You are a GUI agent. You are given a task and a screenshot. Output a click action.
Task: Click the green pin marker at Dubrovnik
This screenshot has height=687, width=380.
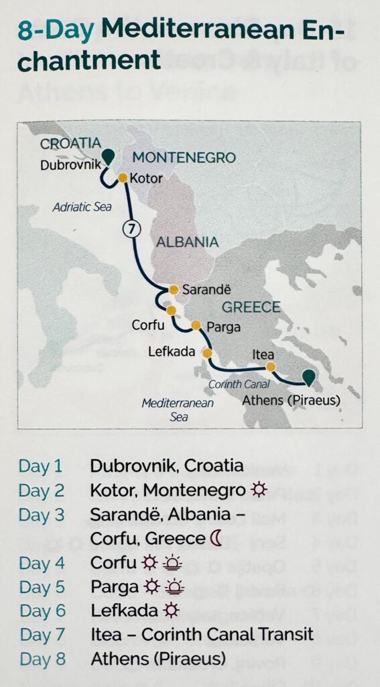coord(107,156)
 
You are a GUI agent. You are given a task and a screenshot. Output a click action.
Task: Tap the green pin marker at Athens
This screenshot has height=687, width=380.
coord(308,377)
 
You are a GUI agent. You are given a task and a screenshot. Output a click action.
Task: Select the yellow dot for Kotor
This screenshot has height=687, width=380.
coord(123,178)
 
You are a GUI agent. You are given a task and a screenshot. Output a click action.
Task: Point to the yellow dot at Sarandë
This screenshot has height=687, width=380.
coord(174,290)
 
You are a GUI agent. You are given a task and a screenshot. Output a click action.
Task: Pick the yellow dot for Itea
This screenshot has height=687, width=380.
coord(270,366)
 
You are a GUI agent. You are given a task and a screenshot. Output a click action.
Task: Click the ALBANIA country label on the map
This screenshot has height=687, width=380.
coord(187,242)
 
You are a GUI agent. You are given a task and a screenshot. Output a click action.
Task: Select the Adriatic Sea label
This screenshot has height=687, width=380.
coord(82,207)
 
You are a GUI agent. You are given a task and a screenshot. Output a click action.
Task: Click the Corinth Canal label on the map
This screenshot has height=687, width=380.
coord(239,384)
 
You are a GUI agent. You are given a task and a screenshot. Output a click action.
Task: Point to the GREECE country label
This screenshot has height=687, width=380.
coord(251,307)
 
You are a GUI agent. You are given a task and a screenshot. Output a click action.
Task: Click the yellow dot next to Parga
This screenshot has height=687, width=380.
coord(196,325)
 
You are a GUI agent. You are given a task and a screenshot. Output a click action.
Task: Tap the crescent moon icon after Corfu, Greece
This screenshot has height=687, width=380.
coord(216,538)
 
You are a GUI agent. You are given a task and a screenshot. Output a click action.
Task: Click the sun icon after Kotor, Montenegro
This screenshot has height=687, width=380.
coord(259,490)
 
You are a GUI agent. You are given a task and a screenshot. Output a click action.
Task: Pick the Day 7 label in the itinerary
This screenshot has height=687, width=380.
coord(42,635)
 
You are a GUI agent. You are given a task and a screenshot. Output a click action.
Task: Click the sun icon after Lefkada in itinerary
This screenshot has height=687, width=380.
coord(172,611)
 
